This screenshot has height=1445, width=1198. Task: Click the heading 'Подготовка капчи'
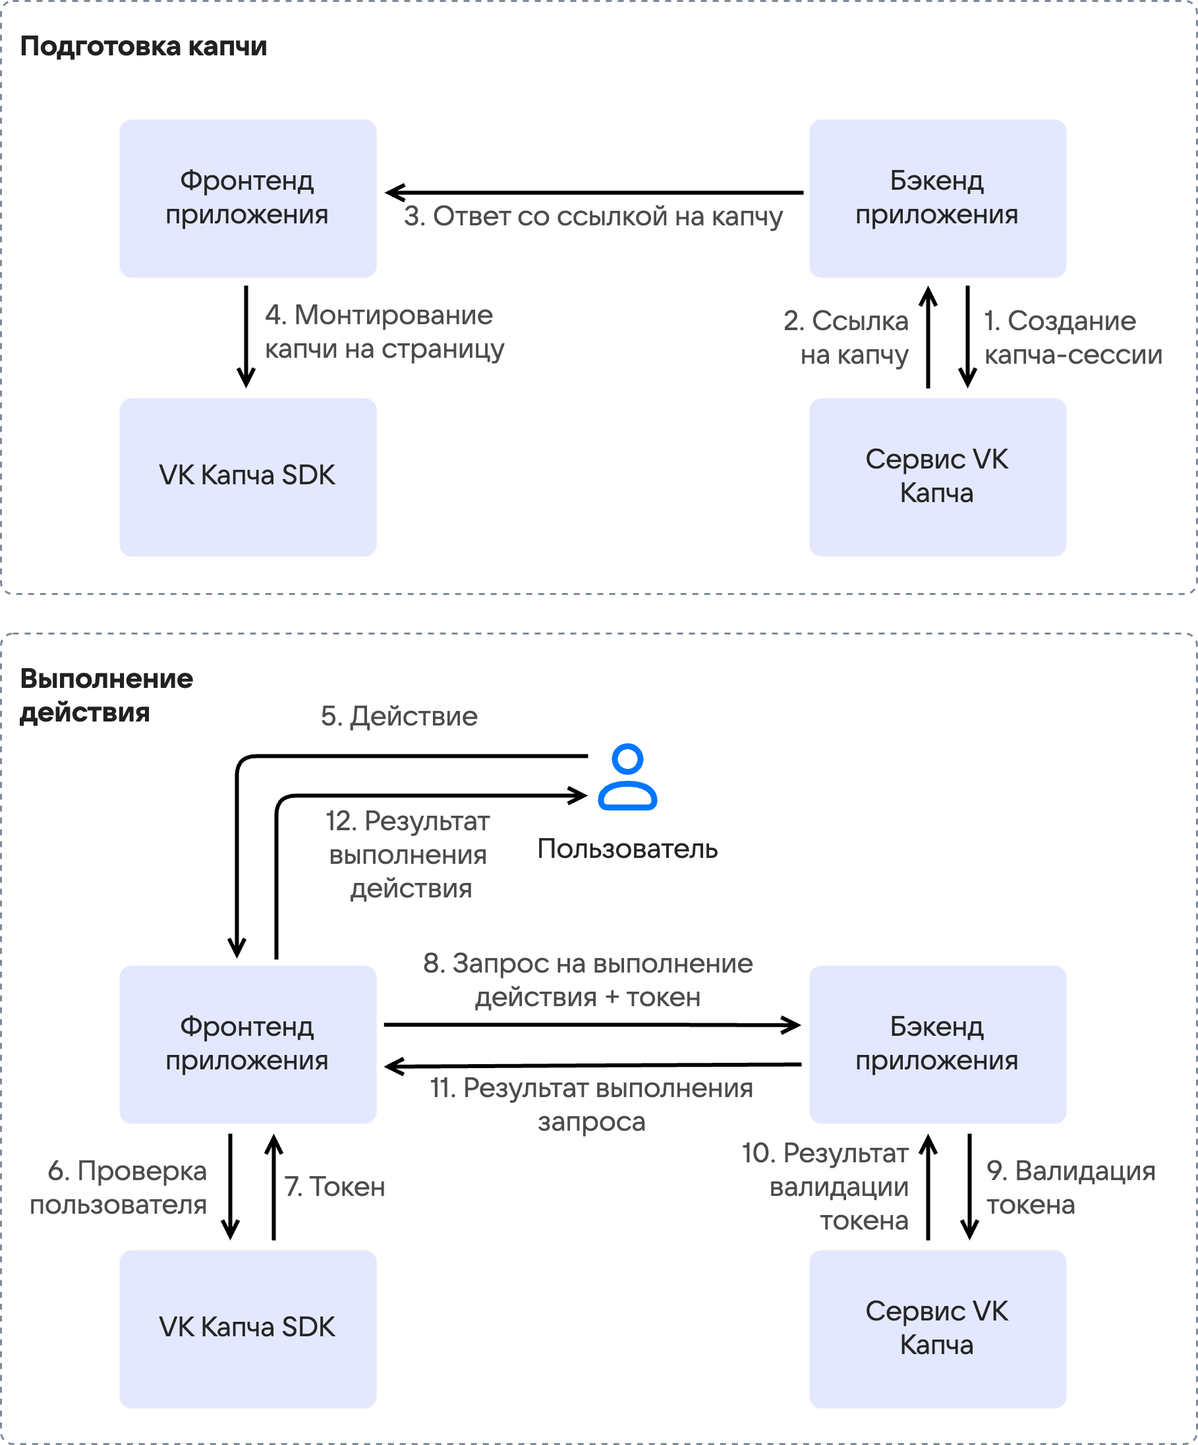tap(143, 47)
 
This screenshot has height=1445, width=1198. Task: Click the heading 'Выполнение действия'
tap(107, 695)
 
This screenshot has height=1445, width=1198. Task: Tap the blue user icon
tap(627, 777)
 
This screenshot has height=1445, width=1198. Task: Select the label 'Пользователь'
tap(627, 849)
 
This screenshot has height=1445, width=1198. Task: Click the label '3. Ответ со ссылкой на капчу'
tap(593, 217)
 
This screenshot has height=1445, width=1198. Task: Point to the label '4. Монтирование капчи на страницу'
tap(385, 332)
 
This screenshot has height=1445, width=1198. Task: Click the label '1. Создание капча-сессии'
tap(1073, 338)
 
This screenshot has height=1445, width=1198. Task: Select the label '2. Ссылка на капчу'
tap(846, 338)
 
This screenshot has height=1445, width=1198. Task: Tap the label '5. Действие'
tap(399, 716)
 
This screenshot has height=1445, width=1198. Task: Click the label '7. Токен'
tap(335, 1187)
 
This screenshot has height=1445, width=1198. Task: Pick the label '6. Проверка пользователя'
tap(119, 1187)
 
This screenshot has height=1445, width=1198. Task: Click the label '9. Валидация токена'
tap(1071, 1187)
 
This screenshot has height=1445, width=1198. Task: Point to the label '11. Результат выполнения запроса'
tap(592, 1105)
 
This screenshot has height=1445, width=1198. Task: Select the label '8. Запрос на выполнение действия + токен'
tap(588, 980)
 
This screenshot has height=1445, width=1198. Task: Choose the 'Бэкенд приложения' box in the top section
tap(938, 198)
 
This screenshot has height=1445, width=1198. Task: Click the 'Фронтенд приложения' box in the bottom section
tap(248, 1044)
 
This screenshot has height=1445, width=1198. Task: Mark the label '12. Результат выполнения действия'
tap(409, 855)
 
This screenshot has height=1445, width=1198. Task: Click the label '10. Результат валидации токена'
tap(826, 1187)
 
